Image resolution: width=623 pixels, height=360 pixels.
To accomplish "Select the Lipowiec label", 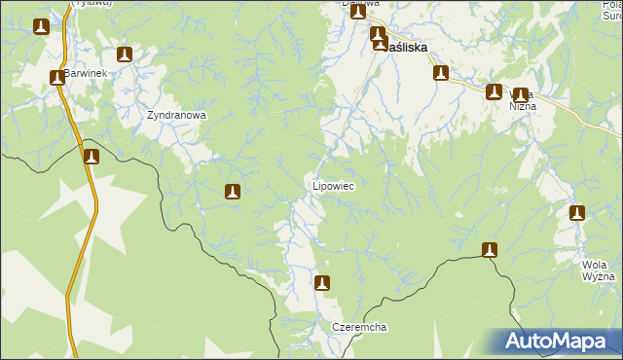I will (332, 185).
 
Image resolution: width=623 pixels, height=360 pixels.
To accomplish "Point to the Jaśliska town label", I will (409, 46).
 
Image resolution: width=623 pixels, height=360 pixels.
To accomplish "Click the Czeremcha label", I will (359, 328).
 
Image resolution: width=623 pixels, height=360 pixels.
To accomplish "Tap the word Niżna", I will (523, 107).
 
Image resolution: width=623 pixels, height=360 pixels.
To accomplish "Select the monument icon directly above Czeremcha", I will (322, 283).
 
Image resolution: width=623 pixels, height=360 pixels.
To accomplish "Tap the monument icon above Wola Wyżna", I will (576, 213).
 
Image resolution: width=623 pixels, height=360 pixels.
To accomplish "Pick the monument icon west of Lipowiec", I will (232, 193).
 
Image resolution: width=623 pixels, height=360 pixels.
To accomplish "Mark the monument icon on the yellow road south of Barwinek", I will (91, 157).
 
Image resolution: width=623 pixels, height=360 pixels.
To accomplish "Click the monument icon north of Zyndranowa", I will (124, 54).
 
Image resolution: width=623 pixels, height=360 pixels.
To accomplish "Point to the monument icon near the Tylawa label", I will (41, 27).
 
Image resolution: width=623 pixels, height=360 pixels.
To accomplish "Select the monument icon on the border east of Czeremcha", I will (490, 250).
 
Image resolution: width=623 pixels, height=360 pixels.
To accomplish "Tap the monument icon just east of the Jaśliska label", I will (441, 73).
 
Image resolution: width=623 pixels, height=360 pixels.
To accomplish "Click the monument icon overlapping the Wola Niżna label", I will (521, 95).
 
